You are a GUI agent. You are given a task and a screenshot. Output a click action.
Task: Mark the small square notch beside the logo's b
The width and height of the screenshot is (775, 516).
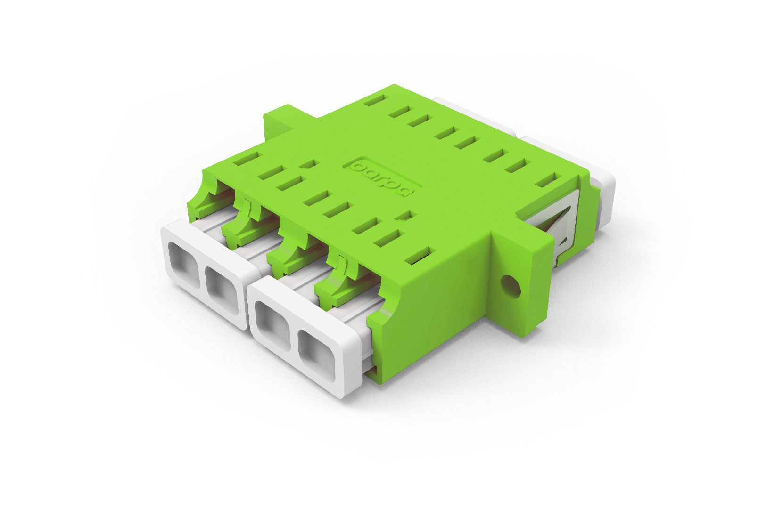[x=309, y=164]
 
